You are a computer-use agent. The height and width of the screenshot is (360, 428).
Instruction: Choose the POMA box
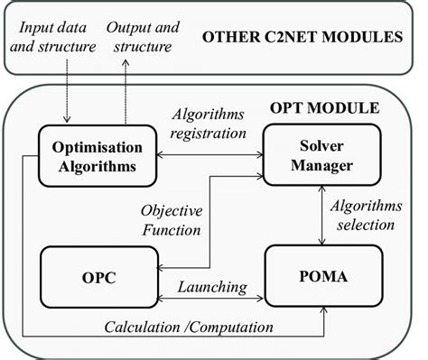pos(323,272)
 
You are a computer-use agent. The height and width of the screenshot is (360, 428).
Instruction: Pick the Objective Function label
pos(171,221)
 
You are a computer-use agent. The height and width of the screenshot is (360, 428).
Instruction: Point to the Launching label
pos(212,287)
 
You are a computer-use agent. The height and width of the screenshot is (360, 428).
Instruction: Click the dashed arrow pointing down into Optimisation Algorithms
pos(68,90)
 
